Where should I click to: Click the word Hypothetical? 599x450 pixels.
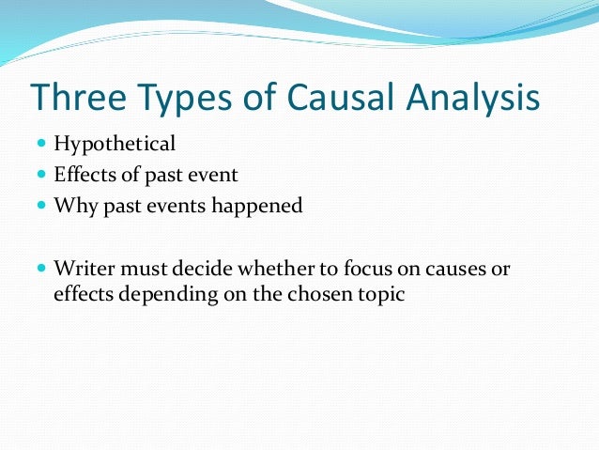click(x=115, y=145)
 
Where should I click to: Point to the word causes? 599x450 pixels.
click(x=451, y=268)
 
